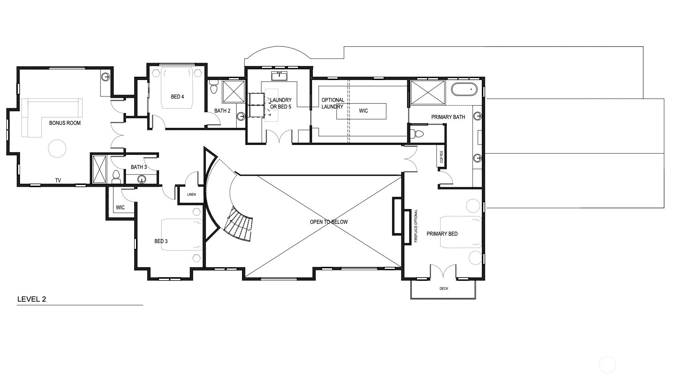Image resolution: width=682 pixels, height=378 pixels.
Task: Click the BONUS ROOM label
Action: (65, 123)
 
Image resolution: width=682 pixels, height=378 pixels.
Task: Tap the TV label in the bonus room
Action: (58, 180)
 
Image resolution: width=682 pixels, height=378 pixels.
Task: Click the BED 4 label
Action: (177, 97)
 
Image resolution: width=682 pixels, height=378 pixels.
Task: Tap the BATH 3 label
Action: (139, 167)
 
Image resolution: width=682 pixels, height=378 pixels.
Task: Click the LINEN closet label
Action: (191, 195)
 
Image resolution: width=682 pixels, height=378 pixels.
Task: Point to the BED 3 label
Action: (161, 241)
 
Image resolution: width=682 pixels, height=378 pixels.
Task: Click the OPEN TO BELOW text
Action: (329, 222)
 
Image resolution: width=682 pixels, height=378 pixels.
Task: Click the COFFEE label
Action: (441, 157)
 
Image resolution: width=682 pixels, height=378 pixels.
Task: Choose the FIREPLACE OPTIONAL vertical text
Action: (416, 226)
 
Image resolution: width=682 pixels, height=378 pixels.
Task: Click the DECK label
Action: (444, 288)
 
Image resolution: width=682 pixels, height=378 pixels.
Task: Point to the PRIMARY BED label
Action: (442, 234)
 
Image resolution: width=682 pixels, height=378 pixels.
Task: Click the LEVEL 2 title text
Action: (32, 299)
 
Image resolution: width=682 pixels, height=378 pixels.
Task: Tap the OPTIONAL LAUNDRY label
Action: (332, 103)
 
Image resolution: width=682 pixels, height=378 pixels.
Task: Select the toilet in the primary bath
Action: (419, 134)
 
